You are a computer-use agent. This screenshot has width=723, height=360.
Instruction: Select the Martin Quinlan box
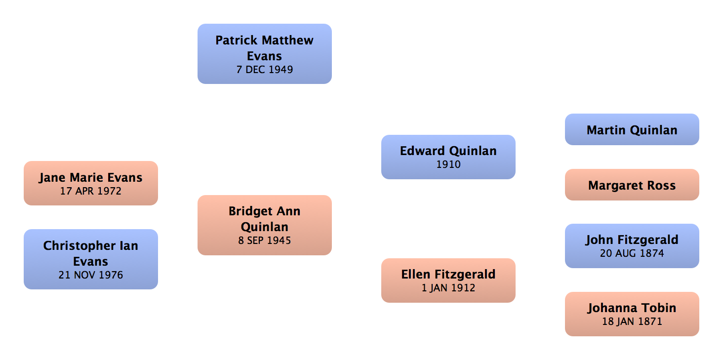click(632, 130)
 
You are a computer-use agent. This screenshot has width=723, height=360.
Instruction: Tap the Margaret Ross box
click(632, 186)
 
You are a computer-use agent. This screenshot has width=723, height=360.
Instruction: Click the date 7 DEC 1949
click(264, 70)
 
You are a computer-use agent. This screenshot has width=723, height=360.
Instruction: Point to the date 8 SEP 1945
click(264, 241)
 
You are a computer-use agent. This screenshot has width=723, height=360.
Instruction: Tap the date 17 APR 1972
click(91, 191)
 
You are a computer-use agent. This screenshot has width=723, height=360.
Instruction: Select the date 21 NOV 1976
click(91, 275)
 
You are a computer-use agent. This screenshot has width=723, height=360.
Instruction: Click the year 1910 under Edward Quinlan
click(448, 164)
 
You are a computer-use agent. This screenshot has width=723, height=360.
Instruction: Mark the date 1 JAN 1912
click(448, 287)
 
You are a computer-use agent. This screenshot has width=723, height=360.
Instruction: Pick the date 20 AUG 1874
click(632, 253)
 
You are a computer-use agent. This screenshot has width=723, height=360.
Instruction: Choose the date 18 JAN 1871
click(632, 321)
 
